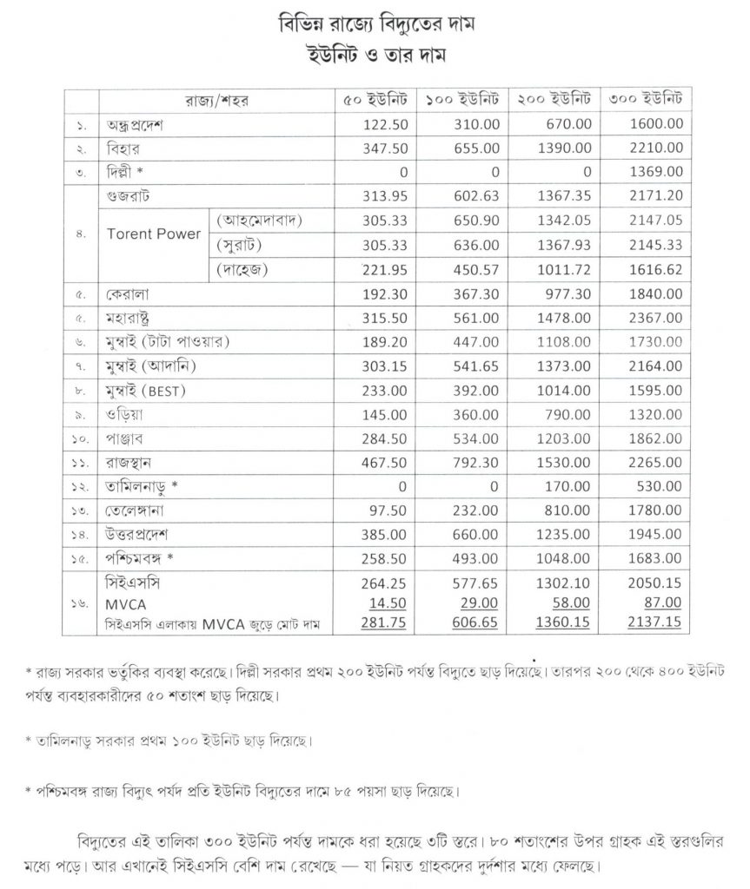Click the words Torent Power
pyautogui.click(x=153, y=234)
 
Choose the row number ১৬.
pyautogui.click(x=79, y=603)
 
